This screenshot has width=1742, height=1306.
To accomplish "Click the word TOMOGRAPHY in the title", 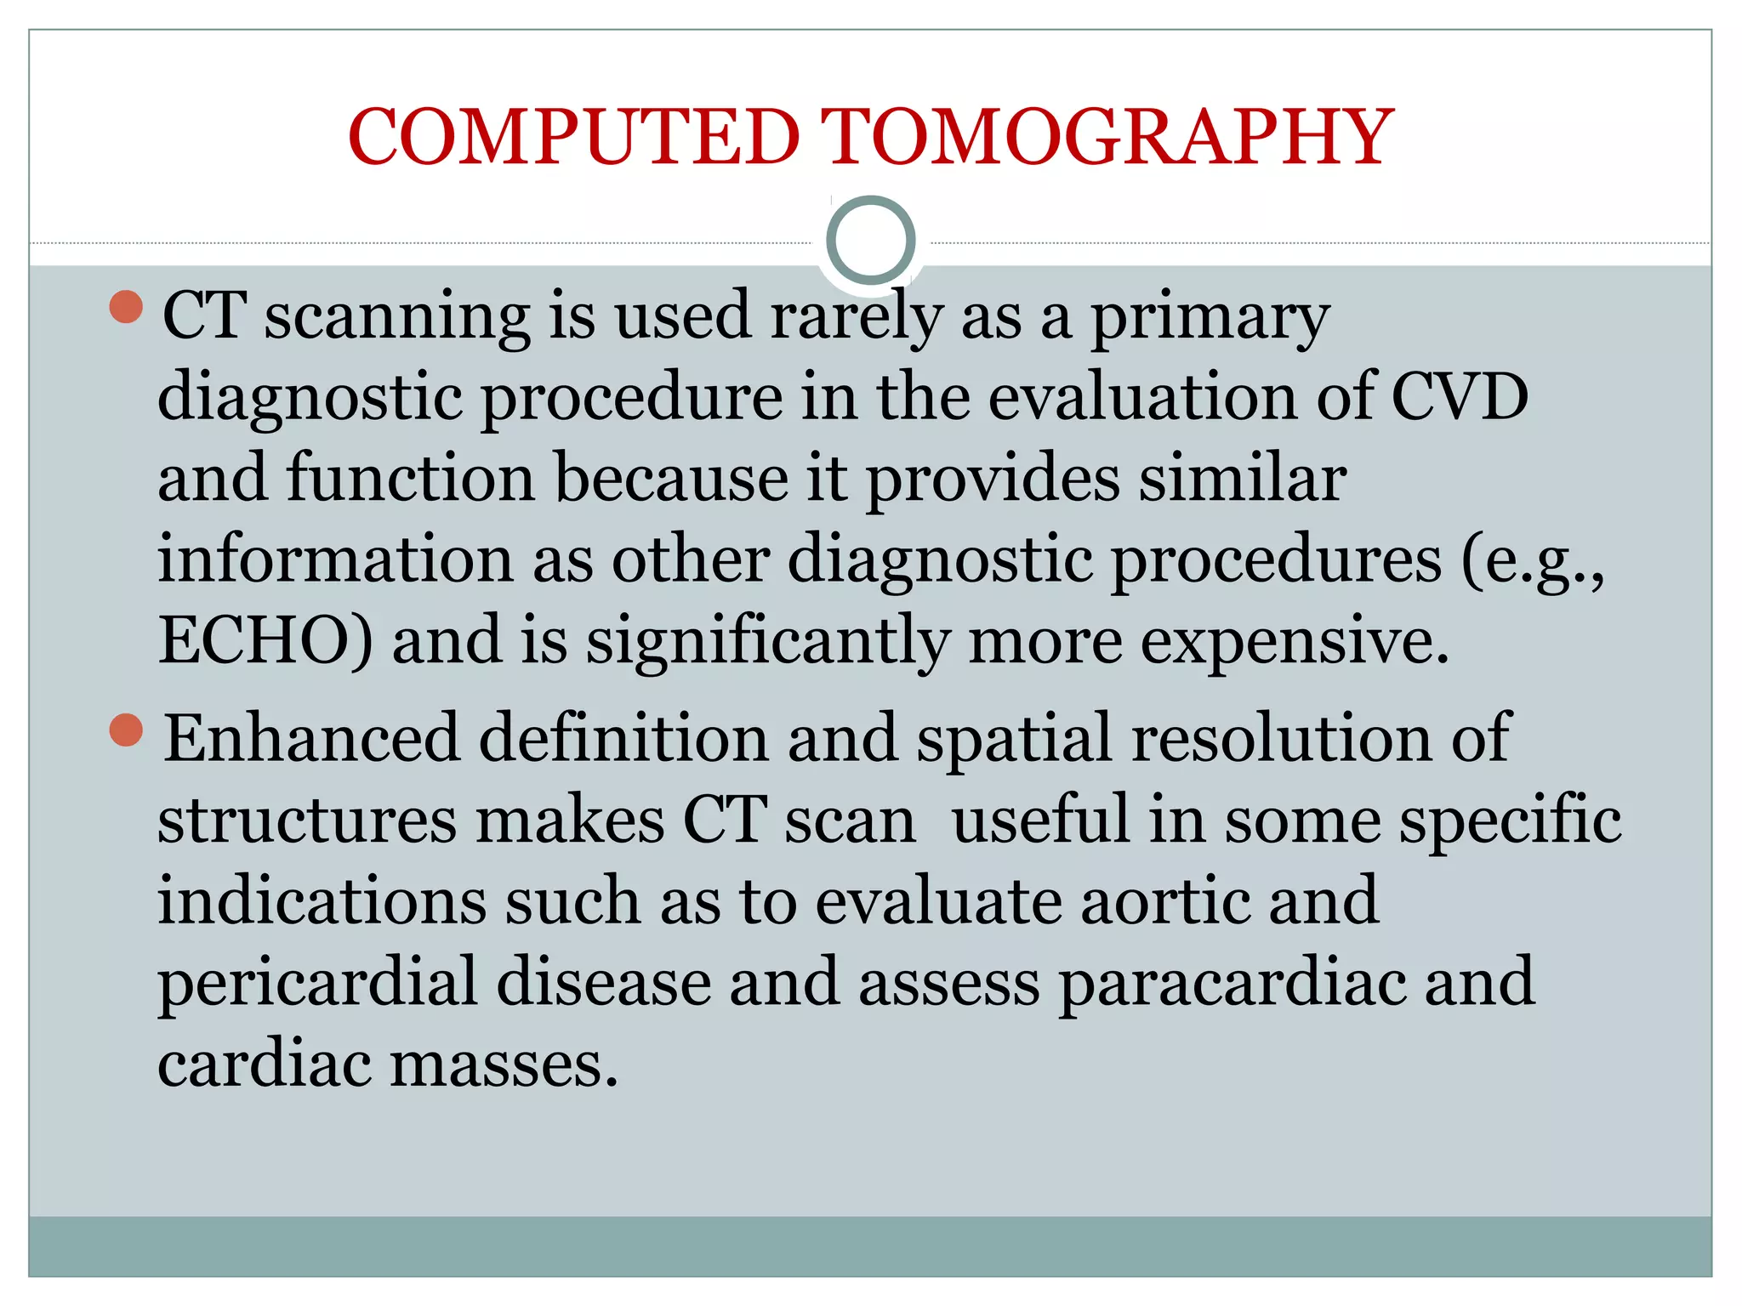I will click(1107, 138).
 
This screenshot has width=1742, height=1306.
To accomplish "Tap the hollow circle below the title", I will click(870, 241).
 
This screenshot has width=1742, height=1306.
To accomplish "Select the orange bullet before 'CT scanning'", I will click(127, 307).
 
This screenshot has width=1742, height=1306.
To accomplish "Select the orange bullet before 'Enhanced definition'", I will click(127, 730).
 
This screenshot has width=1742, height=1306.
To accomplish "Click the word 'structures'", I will click(307, 820).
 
